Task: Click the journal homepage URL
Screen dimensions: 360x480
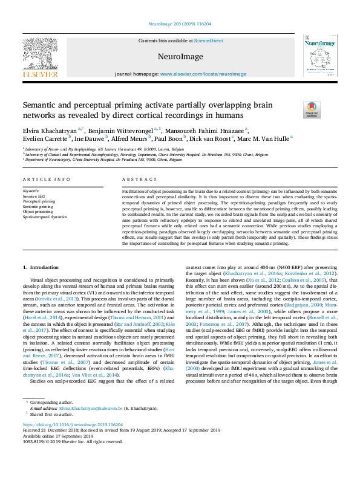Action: coord(203,74)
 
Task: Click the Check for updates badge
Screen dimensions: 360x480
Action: coord(312,110)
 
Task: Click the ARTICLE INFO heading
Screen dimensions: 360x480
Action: coord(46,180)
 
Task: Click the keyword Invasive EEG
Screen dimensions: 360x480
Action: coord(33,196)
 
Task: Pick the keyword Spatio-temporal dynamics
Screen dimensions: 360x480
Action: coord(44,216)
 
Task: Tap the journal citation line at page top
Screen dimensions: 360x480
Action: coord(180,25)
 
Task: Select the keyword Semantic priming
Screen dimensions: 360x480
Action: coord(38,206)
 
